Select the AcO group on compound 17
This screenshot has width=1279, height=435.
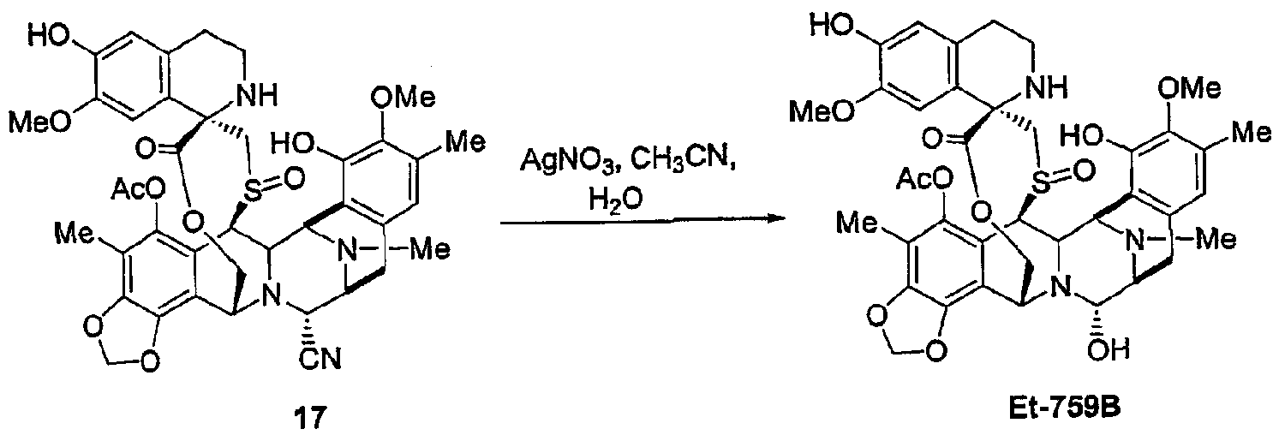coord(139,188)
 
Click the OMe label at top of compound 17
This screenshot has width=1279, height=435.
coord(403,98)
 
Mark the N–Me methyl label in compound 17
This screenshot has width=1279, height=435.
coord(431,249)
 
